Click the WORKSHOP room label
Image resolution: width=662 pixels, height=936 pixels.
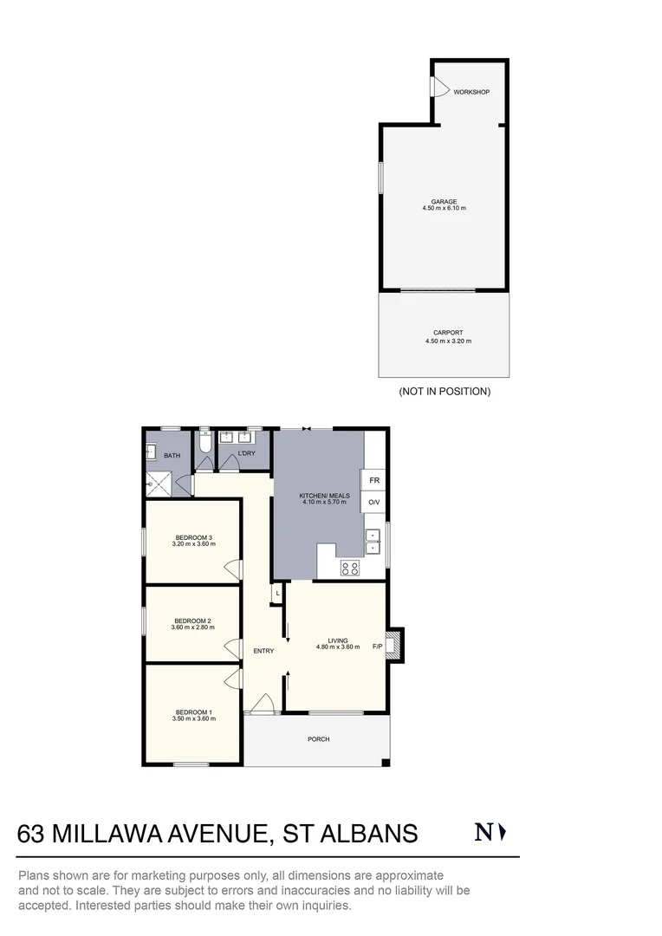click(x=471, y=92)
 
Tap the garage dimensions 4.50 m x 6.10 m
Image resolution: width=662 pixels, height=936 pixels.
click(x=444, y=209)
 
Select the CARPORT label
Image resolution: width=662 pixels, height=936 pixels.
click(x=448, y=333)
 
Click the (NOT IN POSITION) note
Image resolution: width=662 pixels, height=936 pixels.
click(x=445, y=392)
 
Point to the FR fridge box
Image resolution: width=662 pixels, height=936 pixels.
click(x=374, y=480)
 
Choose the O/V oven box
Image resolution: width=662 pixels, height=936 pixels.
click(x=374, y=503)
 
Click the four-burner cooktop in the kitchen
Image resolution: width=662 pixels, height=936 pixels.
click(x=350, y=569)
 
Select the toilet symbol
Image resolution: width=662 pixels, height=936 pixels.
click(x=204, y=444)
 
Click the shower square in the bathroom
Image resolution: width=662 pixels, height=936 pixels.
click(x=159, y=483)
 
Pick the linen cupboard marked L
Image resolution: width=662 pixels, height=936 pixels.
click(x=276, y=593)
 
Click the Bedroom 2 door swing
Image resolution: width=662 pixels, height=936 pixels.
click(x=231, y=647)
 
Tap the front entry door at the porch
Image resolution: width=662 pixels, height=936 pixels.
click(x=262, y=705)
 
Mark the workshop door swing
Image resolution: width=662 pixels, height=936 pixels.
click(x=438, y=88)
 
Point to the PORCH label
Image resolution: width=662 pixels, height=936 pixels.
click(x=319, y=739)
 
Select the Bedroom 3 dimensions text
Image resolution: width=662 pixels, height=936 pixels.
click(x=193, y=544)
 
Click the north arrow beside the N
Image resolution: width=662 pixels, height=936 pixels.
click(x=503, y=833)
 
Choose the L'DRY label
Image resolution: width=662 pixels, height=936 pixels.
click(x=245, y=453)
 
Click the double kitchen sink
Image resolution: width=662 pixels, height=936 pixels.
click(x=373, y=541)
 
